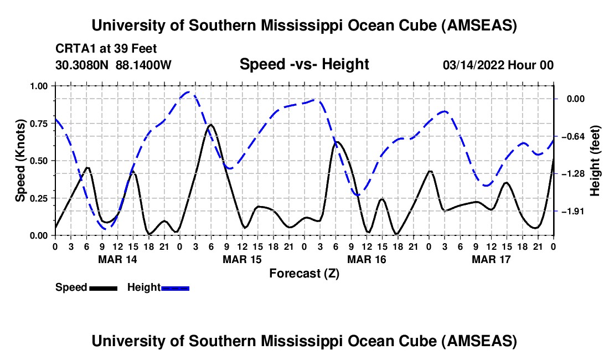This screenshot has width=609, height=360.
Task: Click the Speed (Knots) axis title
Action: [x=20, y=161]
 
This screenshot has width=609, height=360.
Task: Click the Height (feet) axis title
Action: [x=595, y=161]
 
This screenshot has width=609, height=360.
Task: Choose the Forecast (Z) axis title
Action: [x=304, y=273]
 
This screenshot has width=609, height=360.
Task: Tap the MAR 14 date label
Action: [x=117, y=259]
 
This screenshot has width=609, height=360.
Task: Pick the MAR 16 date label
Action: [x=367, y=259]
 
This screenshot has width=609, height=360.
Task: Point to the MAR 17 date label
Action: [x=491, y=259]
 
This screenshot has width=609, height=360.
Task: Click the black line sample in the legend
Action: [x=103, y=287]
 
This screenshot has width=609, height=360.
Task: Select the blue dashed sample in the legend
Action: [x=176, y=287]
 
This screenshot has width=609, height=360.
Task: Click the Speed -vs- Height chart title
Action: [x=304, y=64]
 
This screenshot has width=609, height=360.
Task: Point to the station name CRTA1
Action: [x=72, y=49]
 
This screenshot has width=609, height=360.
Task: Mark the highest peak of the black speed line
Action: [x=210, y=125]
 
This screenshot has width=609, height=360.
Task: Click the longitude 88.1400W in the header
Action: [x=144, y=65]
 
